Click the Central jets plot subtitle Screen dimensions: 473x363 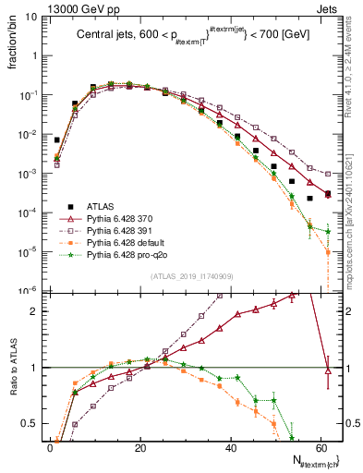tap(188, 36)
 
